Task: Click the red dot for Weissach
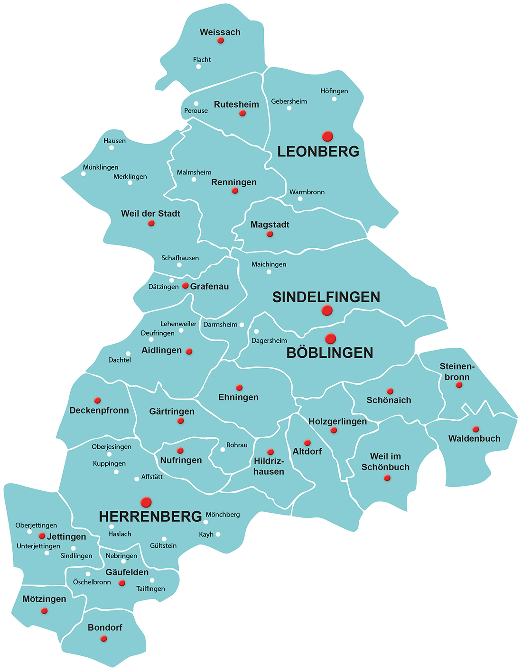point(221,41)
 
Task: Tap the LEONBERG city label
point(318,152)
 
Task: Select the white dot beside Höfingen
point(334,99)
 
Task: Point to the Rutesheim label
point(236,104)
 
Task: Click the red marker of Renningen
point(235,191)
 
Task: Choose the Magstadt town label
point(270,225)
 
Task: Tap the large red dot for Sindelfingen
point(327,311)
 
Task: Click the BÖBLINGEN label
point(330,353)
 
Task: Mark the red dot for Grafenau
point(186,286)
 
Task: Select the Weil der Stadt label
point(150,214)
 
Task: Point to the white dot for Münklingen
point(84,174)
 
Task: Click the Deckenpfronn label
point(99,410)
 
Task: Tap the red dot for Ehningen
point(239,388)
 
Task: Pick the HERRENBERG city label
point(150,517)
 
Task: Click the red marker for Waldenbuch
point(476,429)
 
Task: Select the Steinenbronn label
point(457,372)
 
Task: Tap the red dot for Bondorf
point(104,639)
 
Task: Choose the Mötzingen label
point(44,599)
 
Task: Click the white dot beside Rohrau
point(223,450)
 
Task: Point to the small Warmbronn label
point(307,192)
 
